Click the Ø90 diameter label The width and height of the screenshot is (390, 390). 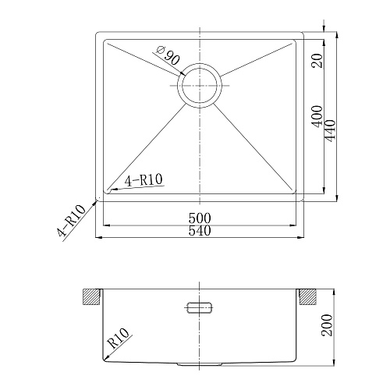coord(168,57)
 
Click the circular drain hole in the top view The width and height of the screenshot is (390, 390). coord(200,83)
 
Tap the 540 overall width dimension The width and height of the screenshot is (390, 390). coord(200,229)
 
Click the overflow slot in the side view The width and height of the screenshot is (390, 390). coord(200,305)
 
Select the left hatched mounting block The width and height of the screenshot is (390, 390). coord(93,297)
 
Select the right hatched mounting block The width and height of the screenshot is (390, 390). coord(308,297)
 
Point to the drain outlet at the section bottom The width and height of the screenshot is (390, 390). coord(200,363)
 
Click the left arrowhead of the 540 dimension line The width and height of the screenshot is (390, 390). coord(97,236)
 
